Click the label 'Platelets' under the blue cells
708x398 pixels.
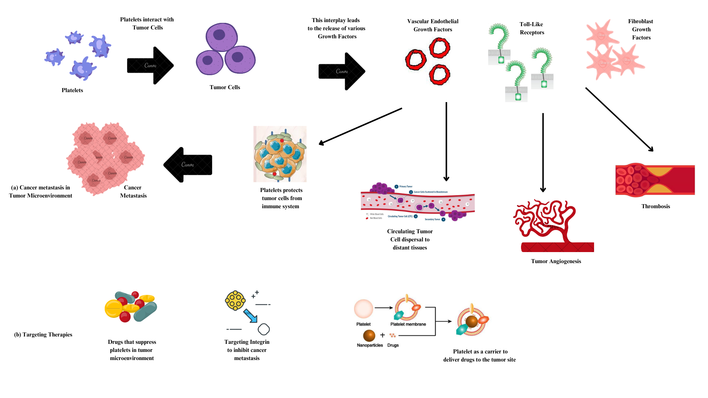click(72, 90)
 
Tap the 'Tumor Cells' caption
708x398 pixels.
click(225, 87)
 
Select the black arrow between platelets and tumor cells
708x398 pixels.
click(150, 66)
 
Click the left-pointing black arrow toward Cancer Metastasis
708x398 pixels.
click(188, 165)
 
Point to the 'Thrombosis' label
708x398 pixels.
click(655, 206)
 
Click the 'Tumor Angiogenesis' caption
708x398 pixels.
click(556, 261)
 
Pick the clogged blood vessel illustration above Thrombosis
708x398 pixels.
click(655, 180)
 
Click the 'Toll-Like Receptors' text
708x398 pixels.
click(531, 28)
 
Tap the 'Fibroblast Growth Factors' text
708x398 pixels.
click(641, 29)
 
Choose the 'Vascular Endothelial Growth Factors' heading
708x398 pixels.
click(433, 25)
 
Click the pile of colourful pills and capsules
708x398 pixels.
click(131, 307)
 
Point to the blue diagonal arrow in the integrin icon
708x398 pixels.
click(250, 315)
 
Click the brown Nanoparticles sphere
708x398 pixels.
click(369, 335)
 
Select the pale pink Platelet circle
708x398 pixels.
click(364, 309)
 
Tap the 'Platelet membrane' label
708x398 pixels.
click(408, 324)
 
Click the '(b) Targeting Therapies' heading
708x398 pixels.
click(43, 335)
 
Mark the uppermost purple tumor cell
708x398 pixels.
click(221, 37)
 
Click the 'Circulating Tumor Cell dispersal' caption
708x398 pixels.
click(410, 240)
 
